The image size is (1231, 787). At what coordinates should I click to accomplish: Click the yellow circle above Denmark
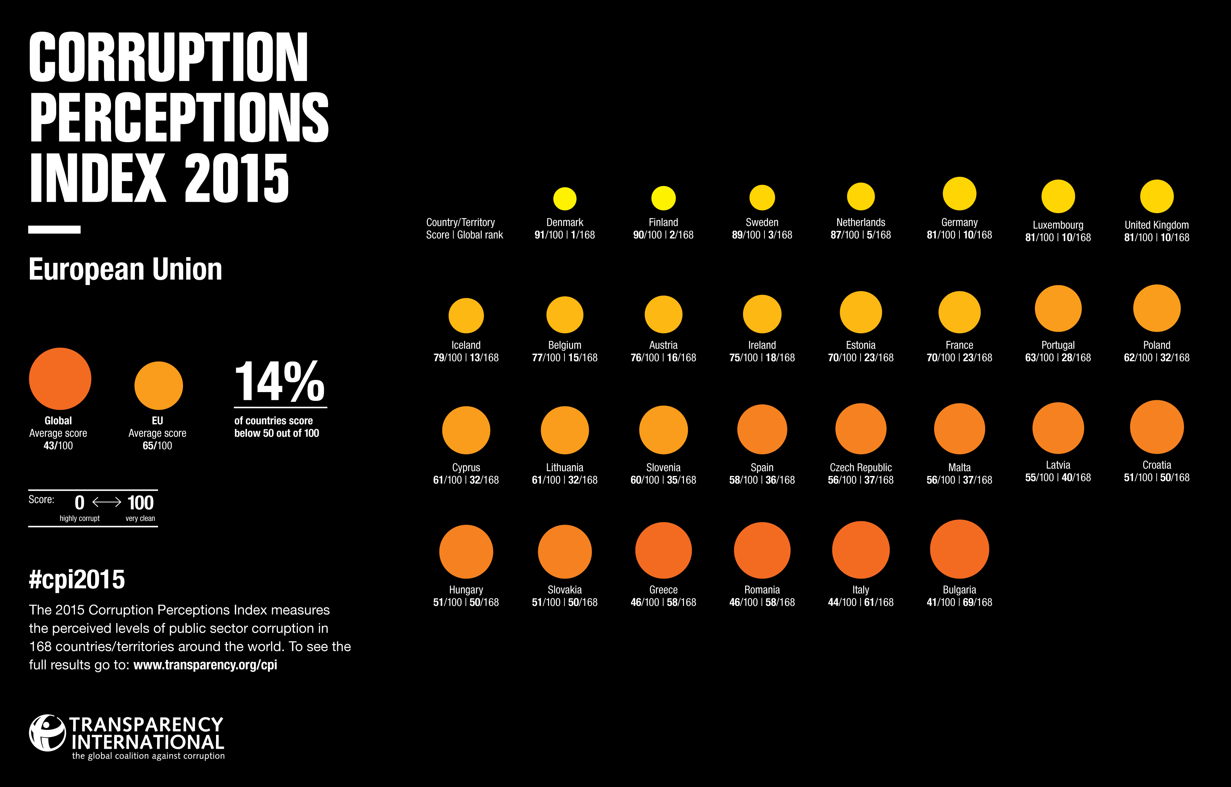pos(565,199)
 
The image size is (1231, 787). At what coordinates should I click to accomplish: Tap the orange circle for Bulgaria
pos(959,549)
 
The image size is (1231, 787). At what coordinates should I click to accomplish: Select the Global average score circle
pos(60,379)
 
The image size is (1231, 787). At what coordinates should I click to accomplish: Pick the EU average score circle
pos(158,385)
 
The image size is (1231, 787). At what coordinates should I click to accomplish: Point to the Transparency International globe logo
pos(47,733)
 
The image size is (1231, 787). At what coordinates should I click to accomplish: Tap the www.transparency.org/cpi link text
pos(205,665)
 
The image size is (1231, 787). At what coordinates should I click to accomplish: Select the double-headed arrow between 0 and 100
pos(106,502)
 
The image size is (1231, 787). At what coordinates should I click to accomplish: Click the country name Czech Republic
pos(860,468)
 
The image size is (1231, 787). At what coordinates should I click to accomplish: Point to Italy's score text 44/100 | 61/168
pos(860,602)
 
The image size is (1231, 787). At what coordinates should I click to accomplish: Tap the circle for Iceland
pos(466,315)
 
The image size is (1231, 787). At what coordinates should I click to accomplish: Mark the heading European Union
pos(125,269)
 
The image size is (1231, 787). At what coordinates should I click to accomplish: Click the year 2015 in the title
pos(236,178)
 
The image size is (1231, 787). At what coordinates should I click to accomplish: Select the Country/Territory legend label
pos(460,222)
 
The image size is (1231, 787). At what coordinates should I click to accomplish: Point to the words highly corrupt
pos(79,518)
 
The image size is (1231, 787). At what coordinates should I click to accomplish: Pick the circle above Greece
pos(663,550)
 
